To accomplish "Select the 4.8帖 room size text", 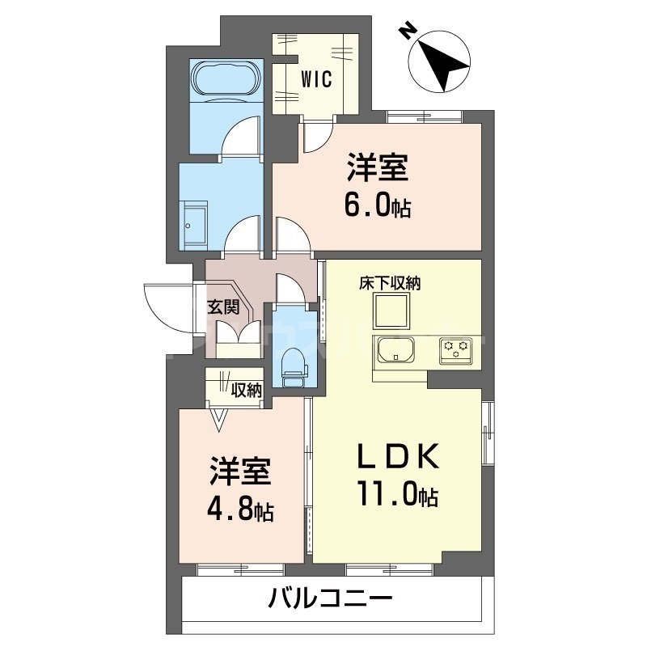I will (x=241, y=510).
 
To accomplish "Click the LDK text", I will (x=398, y=457).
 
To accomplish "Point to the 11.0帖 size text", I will (x=395, y=494).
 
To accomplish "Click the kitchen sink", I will (x=395, y=350).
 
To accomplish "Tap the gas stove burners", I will (x=455, y=350).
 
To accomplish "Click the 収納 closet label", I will (x=247, y=391).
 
